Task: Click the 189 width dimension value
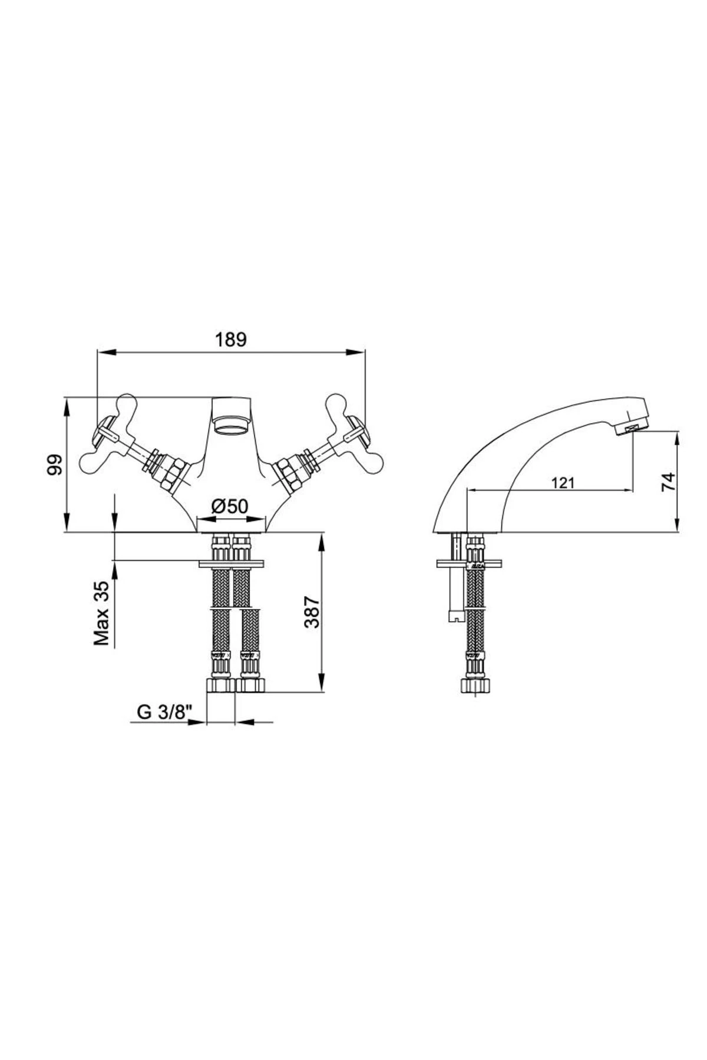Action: point(230,340)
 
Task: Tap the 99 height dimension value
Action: point(55,465)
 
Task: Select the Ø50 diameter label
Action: point(230,506)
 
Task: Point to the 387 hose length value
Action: point(312,612)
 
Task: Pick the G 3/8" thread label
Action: point(166,712)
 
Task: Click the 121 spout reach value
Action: point(563,483)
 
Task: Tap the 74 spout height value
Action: point(667,481)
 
